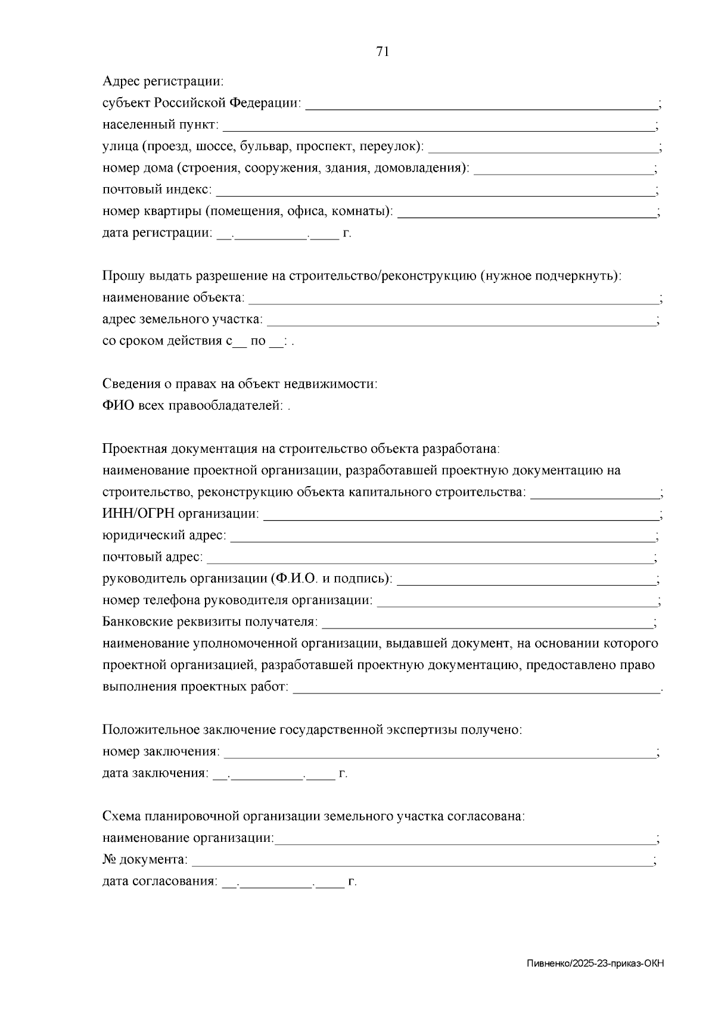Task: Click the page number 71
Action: (x=383, y=52)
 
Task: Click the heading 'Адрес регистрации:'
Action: (x=163, y=81)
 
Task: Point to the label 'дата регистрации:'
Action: (x=157, y=233)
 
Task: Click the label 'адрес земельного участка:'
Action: (x=182, y=319)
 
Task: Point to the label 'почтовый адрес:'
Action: (x=153, y=558)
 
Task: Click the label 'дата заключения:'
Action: (x=156, y=773)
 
